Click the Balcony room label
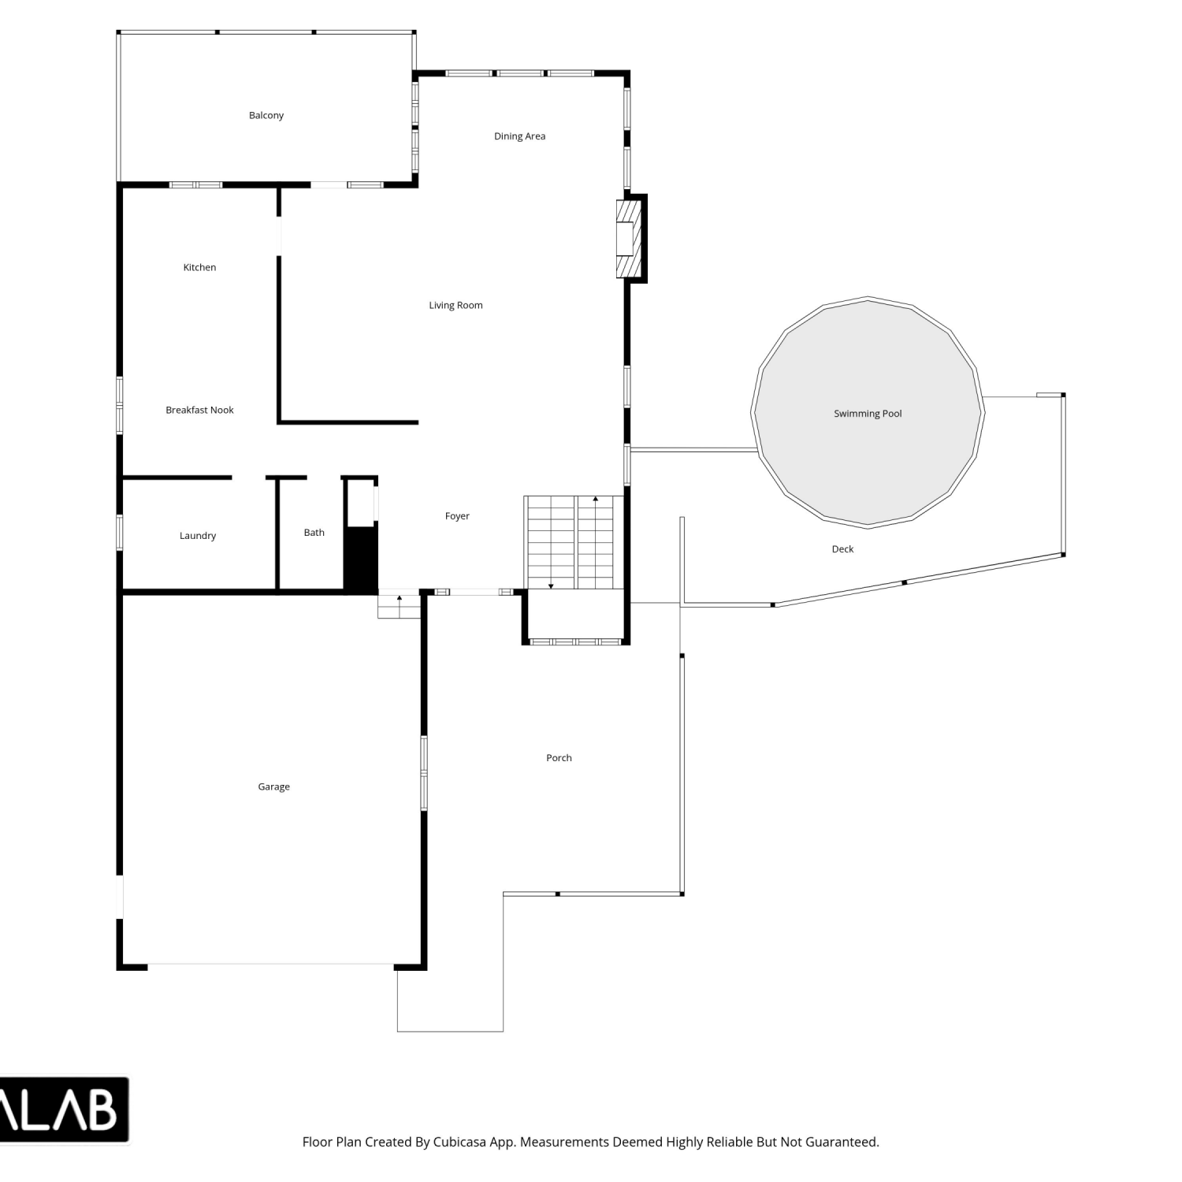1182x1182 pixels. (x=266, y=115)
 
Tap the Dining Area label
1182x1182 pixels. (x=519, y=136)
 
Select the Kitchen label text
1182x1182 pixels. (x=199, y=267)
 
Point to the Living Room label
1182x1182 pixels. (x=455, y=305)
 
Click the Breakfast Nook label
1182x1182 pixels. (x=199, y=410)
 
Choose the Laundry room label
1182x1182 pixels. (x=197, y=536)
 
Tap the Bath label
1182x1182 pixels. (x=314, y=533)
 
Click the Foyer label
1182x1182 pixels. (x=457, y=516)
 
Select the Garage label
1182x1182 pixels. (x=273, y=786)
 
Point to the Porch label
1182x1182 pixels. (x=559, y=758)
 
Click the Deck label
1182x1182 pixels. (x=842, y=549)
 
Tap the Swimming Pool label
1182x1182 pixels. (x=868, y=414)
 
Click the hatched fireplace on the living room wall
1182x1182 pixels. (x=631, y=239)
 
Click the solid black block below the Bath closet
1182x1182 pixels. (x=361, y=560)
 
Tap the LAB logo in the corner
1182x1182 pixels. (x=63, y=1110)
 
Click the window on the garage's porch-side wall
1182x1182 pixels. (x=424, y=773)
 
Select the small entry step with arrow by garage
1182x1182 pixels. (x=400, y=605)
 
